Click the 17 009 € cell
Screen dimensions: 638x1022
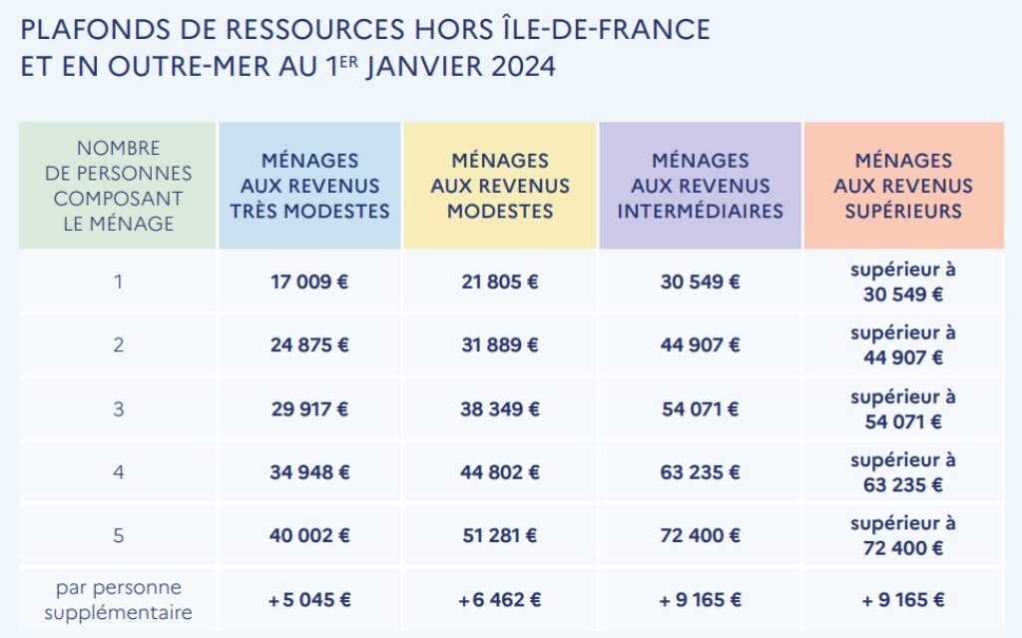[309, 282]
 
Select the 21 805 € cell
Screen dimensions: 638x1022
[500, 282]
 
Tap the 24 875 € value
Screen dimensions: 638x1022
[309, 345]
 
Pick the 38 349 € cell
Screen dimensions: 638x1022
[500, 408]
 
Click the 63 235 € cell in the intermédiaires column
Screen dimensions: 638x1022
[700, 472]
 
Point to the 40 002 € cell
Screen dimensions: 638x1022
[309, 536]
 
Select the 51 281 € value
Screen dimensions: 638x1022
[500, 536]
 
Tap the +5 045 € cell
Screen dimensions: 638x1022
[309, 600]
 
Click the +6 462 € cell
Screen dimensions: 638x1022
[500, 600]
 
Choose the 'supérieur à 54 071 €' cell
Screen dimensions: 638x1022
[903, 408]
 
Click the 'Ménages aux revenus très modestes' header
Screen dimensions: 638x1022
[309, 186]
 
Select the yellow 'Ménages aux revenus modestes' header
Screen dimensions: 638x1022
[500, 186]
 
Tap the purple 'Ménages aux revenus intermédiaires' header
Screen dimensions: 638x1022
[700, 186]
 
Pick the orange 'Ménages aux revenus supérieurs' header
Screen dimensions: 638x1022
[903, 186]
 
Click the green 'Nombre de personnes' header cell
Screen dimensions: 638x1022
[118, 186]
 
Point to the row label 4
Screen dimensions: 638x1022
[118, 472]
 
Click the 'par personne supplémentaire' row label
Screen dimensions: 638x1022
[118, 599]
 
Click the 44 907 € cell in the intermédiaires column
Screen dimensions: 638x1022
[700, 345]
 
